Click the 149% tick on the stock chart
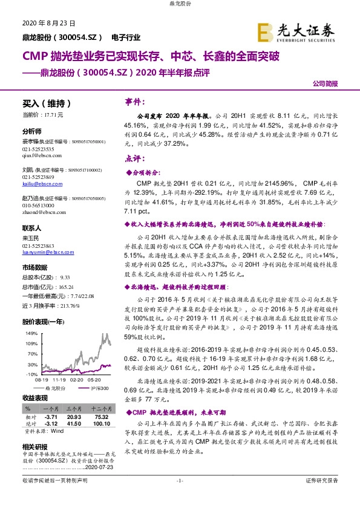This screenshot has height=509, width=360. click(x=29, y=333)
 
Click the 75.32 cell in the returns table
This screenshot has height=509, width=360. click(x=101, y=417)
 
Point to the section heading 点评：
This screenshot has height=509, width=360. click(x=134, y=158)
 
